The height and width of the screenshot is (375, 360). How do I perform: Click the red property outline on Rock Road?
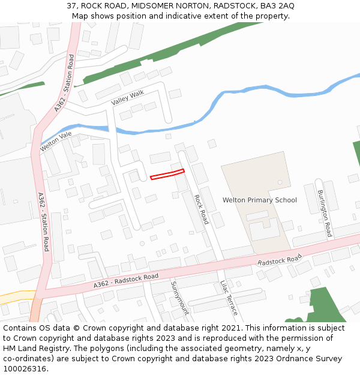click(167, 175)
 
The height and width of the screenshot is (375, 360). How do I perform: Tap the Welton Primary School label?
click(259, 200)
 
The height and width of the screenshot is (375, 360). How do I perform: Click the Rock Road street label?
click(201, 208)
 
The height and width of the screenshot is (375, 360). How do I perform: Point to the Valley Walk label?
click(128, 97)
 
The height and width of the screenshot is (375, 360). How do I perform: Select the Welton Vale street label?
click(60, 142)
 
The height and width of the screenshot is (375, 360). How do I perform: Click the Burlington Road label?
click(325, 213)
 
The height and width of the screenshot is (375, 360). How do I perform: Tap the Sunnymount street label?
click(179, 298)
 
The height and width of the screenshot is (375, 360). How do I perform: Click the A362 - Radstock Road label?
click(125, 281)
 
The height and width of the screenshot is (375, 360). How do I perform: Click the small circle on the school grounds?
click(280, 182)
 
